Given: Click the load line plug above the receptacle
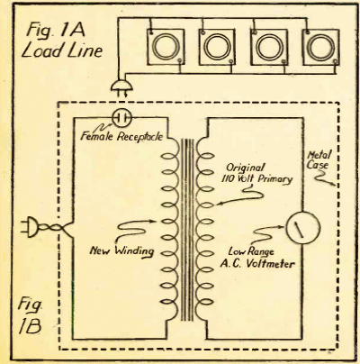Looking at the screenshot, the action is (x=121, y=87).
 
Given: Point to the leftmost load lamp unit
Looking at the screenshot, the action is (x=166, y=47).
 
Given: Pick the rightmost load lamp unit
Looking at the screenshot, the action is (x=320, y=47).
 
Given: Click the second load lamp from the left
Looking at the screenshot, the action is (x=217, y=47).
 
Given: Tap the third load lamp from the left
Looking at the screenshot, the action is (x=269, y=47).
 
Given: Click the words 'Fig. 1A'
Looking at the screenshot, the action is (x=56, y=31).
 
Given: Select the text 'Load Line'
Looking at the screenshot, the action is (x=62, y=50).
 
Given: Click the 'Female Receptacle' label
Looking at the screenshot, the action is (x=121, y=137).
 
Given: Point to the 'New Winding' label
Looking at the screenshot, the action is (x=121, y=251).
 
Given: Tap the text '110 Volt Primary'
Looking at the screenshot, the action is (x=257, y=179).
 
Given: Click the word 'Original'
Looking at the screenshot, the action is (x=246, y=168).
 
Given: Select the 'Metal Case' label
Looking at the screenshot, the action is (x=319, y=160).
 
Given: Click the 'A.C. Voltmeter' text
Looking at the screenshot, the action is (x=257, y=264).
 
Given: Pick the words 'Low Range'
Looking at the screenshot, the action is (x=251, y=251).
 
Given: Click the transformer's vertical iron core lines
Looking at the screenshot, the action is (x=188, y=230).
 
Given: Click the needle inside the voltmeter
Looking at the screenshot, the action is (x=300, y=229).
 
